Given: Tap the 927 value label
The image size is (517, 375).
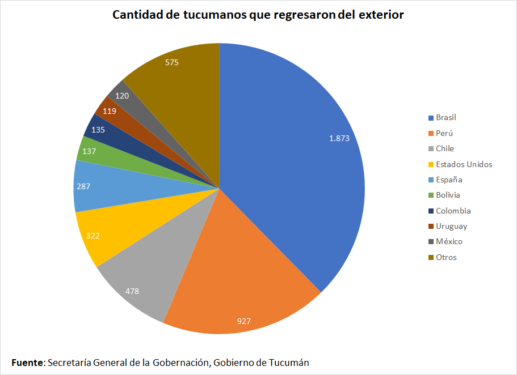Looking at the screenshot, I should (244, 321).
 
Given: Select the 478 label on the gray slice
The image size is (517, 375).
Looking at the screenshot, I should (132, 291).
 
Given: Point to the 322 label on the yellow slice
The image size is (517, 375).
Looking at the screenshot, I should (93, 235).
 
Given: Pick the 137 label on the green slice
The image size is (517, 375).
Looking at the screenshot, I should (89, 151).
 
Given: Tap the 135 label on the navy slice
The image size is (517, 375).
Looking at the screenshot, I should (98, 129).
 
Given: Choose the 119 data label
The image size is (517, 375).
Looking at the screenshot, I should (110, 111).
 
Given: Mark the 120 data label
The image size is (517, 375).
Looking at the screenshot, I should (121, 96).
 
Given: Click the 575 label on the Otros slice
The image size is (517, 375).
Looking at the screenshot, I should (172, 62).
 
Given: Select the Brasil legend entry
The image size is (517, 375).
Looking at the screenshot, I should (445, 118).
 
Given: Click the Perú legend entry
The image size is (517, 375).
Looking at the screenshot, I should (444, 133).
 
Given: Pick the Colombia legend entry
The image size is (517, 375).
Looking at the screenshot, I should (453, 211).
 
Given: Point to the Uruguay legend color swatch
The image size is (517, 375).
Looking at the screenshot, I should (431, 227).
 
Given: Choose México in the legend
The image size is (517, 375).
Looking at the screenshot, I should (449, 242).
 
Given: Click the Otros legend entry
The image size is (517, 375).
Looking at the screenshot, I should (445, 257).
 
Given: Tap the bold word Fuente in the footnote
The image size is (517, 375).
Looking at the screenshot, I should (27, 363).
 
